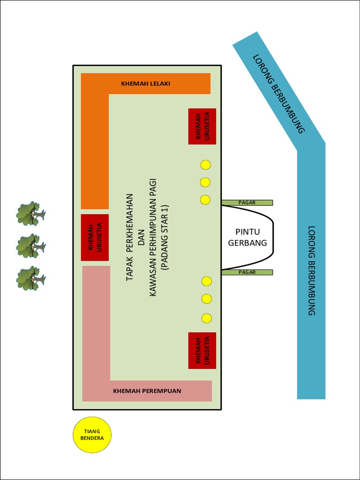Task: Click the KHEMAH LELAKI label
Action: tap(145, 84)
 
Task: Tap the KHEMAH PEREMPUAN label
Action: tap(147, 390)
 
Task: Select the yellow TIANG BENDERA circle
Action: tap(92, 435)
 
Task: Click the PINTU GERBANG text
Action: tap(247, 237)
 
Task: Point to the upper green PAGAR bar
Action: tap(247, 202)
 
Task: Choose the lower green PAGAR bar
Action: tap(247, 272)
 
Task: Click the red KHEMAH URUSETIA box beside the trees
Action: tap(95, 237)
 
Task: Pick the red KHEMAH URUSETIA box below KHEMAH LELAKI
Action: tap(202, 126)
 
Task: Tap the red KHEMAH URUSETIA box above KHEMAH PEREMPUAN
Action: tap(202, 350)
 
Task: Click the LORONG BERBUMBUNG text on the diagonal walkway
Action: tap(278, 94)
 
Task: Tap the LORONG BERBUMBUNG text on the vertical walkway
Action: tap(312, 270)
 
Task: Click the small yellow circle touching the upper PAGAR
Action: tap(205, 200)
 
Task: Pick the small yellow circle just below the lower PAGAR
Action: tap(207, 281)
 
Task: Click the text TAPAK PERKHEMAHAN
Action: tap(130, 237)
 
